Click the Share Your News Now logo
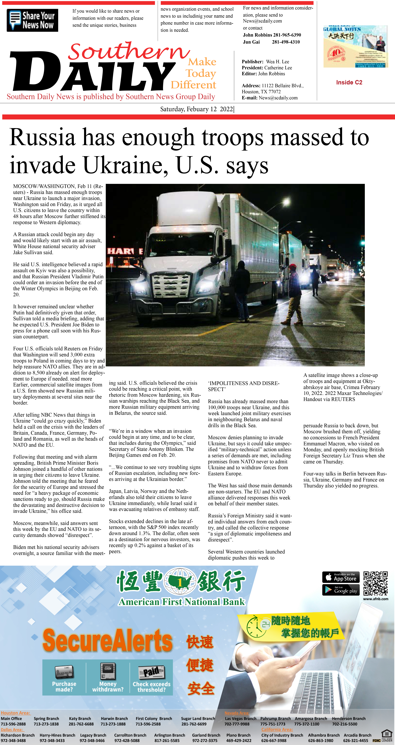point(32,20)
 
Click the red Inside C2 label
point(349,82)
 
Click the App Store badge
point(341,577)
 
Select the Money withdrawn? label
point(108,687)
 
